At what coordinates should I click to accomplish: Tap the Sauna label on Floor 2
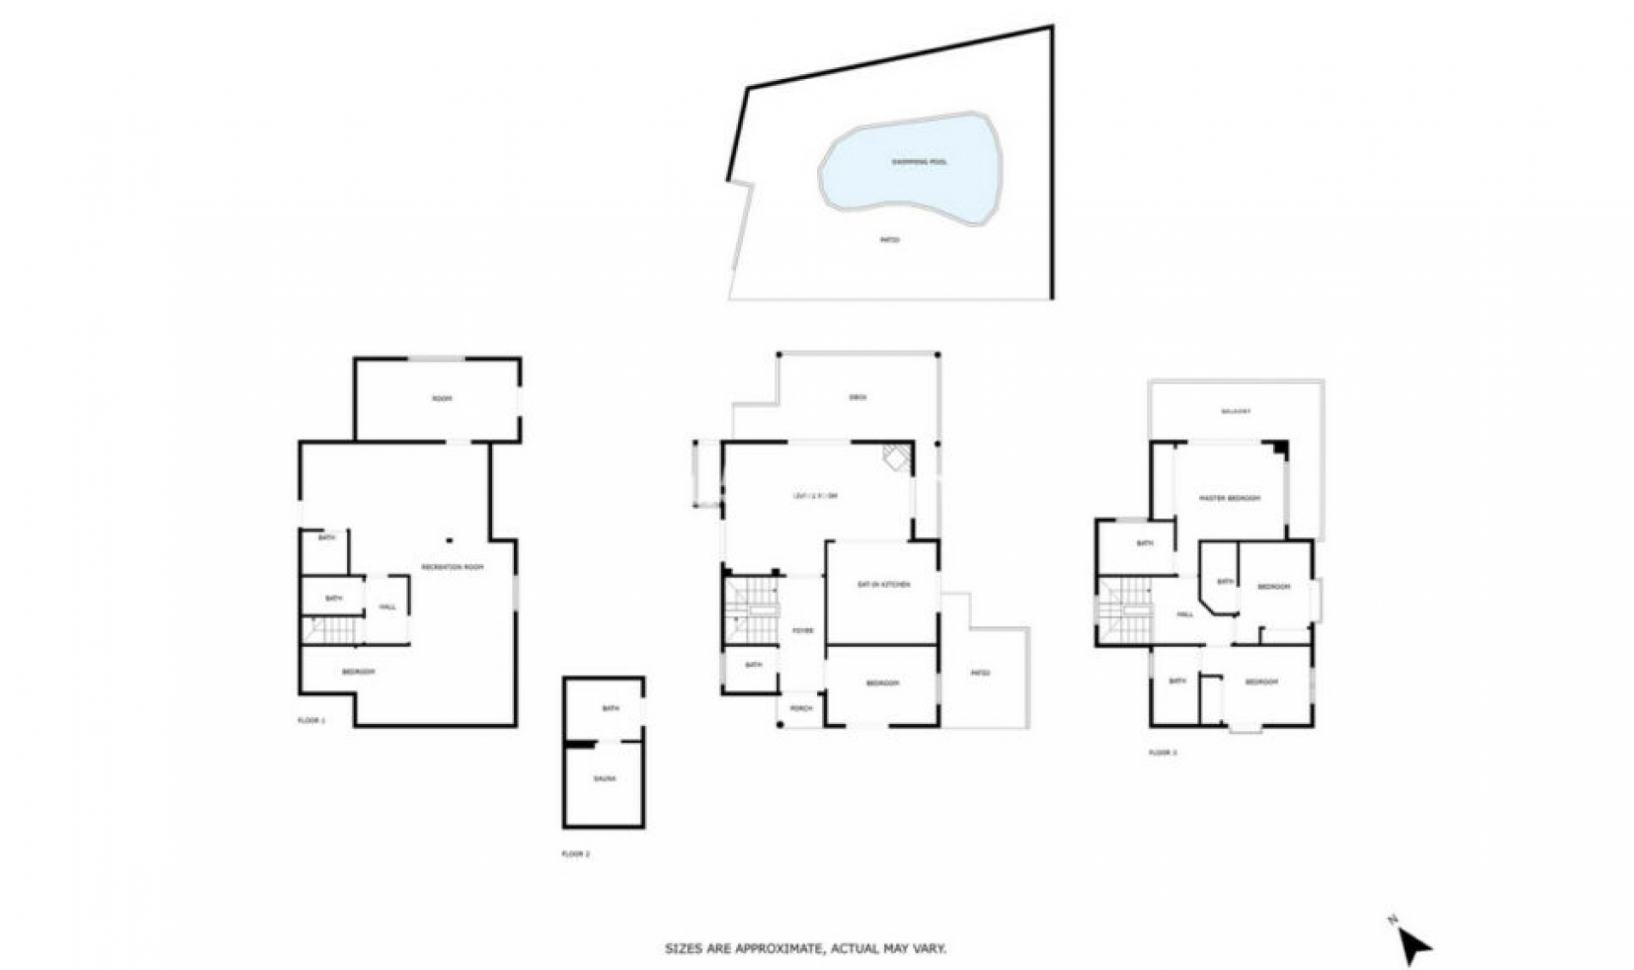[x=604, y=779]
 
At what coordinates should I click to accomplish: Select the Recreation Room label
[x=452, y=567]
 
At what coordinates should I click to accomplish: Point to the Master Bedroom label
[x=1229, y=498]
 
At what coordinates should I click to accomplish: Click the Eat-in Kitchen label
[x=883, y=585]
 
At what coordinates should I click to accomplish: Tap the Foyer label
[x=803, y=630]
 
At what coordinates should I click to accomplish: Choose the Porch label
[x=801, y=708]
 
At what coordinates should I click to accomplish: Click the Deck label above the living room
[x=858, y=397]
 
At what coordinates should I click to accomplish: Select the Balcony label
[x=1236, y=411]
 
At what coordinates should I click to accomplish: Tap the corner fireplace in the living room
[x=896, y=457]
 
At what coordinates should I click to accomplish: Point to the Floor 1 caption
[x=311, y=721]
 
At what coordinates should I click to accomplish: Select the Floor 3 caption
[x=1163, y=753]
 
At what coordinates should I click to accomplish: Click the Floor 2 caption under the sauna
[x=575, y=853]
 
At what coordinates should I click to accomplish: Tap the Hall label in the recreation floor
[x=387, y=607]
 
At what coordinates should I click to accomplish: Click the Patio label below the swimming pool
[x=889, y=240]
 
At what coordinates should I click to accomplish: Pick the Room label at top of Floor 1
[x=441, y=398]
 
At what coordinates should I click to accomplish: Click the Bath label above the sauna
[x=610, y=708]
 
